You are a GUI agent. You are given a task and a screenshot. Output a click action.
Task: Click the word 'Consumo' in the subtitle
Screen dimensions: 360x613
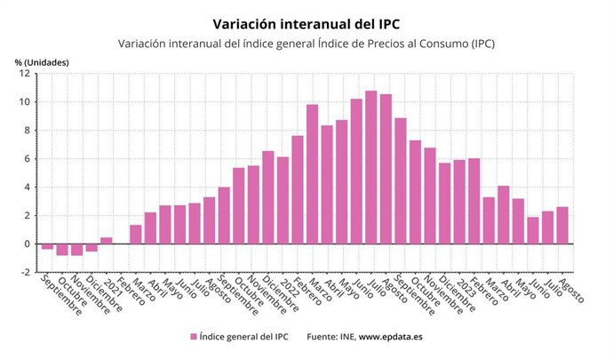[x=442, y=44]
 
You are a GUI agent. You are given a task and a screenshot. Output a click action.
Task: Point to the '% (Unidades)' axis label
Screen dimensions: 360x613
[x=42, y=61]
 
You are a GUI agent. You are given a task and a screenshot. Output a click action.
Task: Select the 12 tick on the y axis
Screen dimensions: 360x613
[x=27, y=74]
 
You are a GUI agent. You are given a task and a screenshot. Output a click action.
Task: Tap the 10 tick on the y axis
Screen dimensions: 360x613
[x=27, y=102]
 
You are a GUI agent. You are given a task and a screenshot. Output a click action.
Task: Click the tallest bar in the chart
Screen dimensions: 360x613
[x=371, y=167]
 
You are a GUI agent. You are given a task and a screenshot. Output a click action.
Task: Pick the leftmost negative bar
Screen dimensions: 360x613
[x=48, y=246]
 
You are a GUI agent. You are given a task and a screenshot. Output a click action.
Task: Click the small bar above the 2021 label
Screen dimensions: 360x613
[x=107, y=241]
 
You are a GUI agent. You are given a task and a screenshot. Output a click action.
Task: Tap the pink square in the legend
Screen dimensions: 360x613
[x=193, y=336]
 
